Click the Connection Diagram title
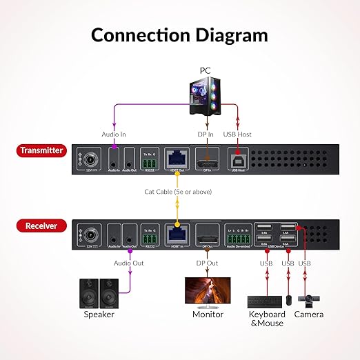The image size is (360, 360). click(179, 34)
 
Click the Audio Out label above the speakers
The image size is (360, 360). click(129, 263)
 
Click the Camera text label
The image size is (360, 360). click(308, 314)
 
